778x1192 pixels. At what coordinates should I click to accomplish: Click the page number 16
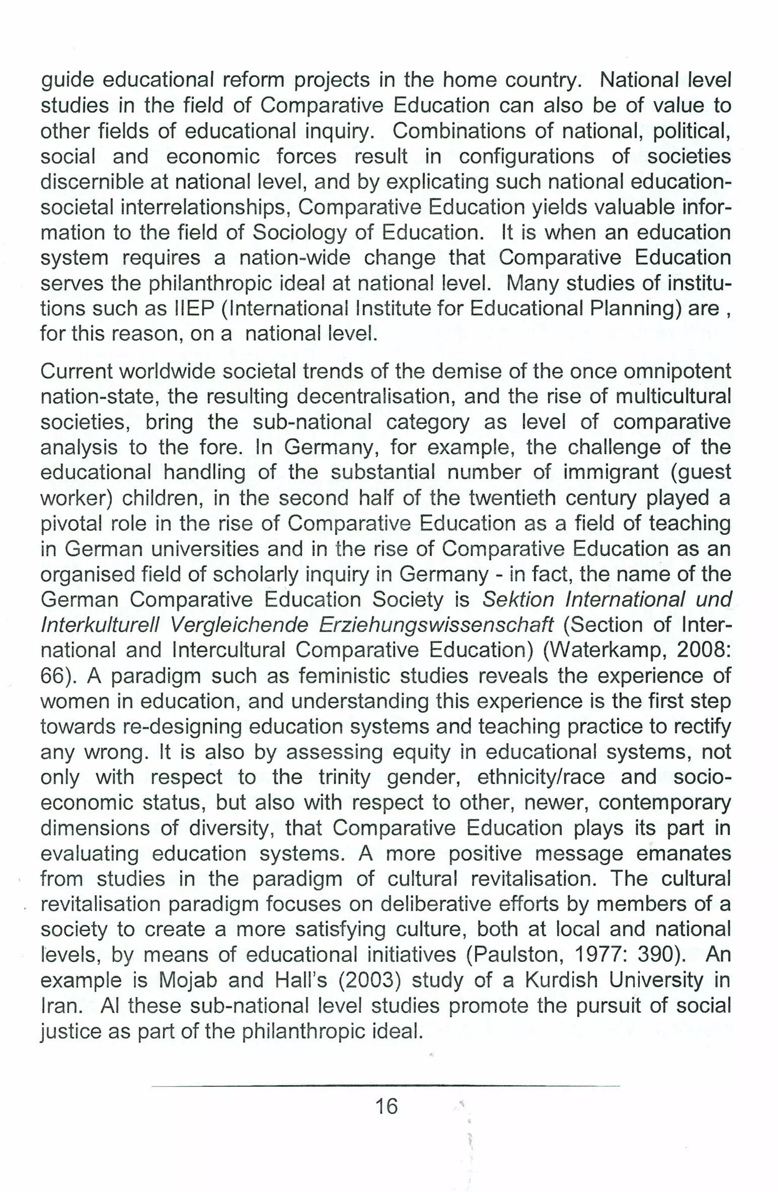click(386, 1106)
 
